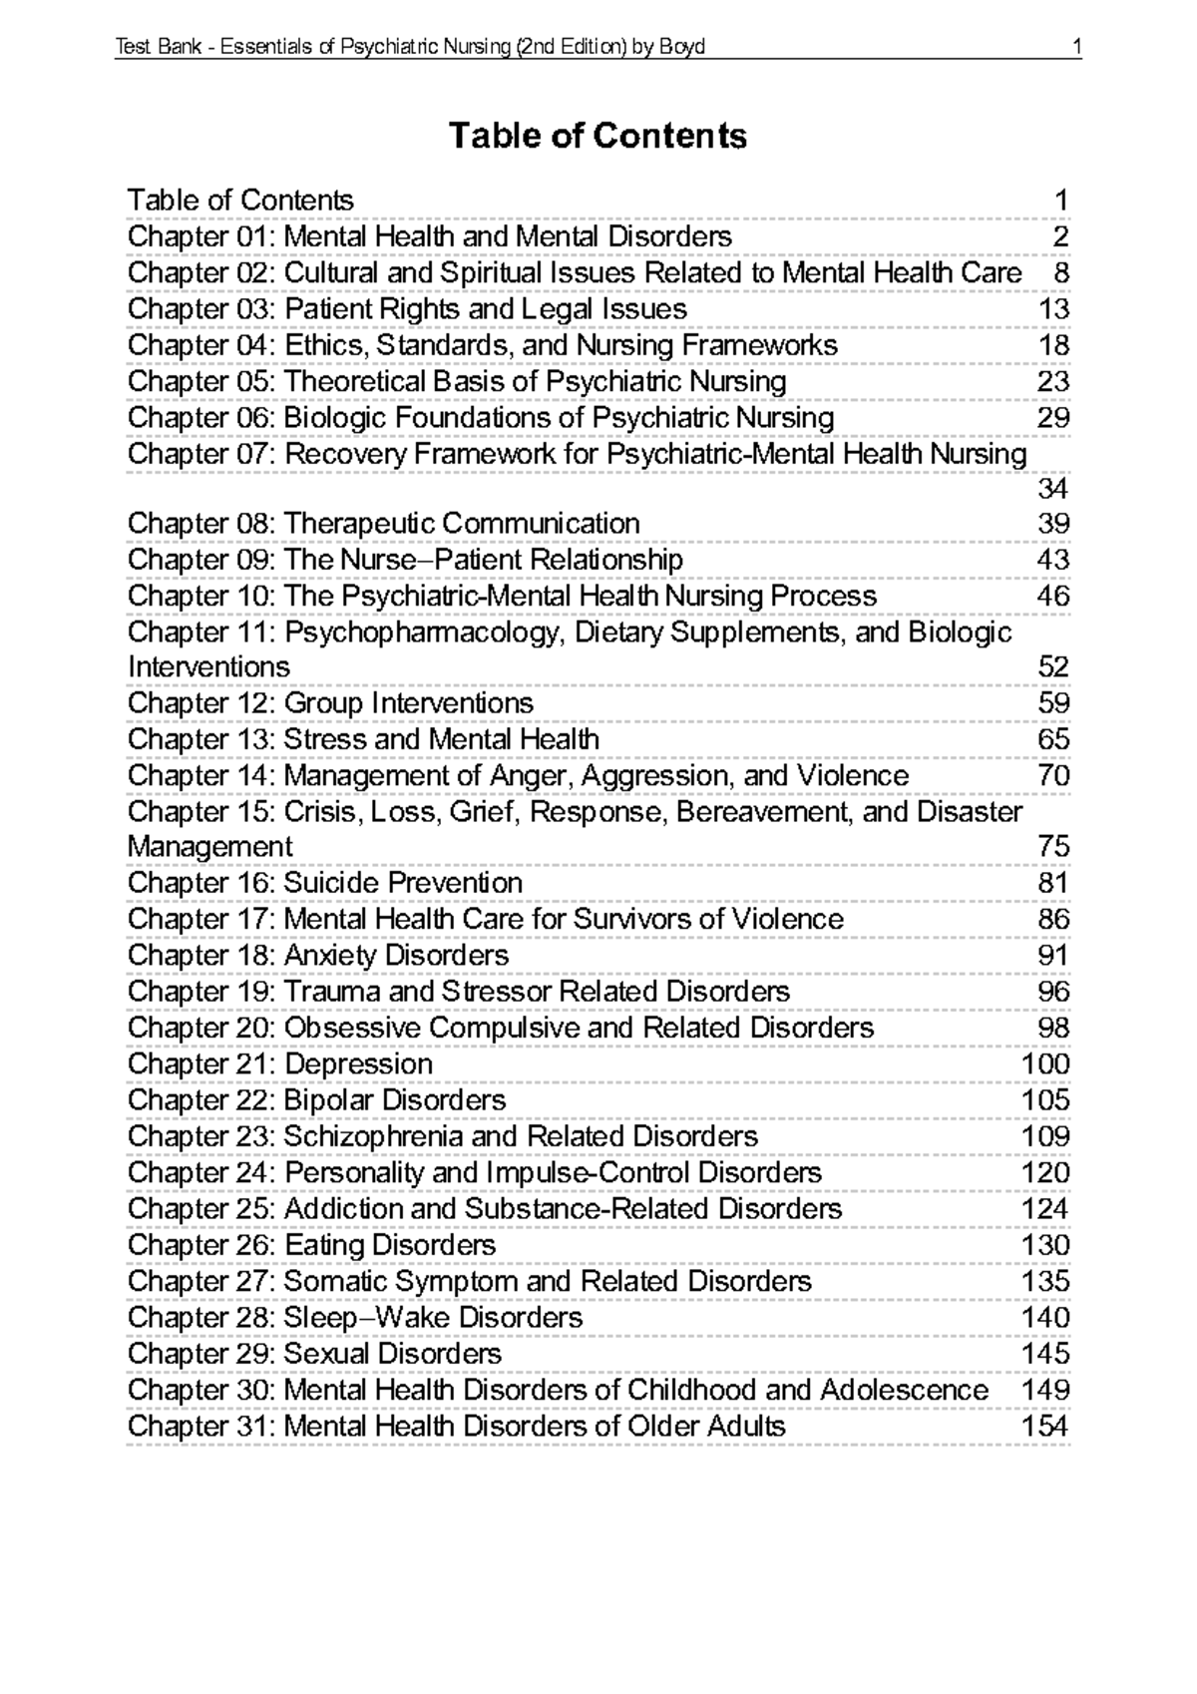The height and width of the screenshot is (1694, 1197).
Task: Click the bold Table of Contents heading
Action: tap(598, 136)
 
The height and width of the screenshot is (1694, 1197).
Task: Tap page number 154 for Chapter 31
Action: tap(1044, 1426)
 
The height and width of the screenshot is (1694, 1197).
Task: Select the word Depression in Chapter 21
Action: tap(358, 1063)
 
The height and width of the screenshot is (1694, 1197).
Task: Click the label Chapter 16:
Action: tap(201, 883)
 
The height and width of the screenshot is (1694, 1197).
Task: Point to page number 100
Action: tap(1044, 1063)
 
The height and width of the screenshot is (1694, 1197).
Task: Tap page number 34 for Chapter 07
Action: tap(1053, 489)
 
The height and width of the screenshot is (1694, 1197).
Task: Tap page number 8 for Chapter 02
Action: tap(1061, 272)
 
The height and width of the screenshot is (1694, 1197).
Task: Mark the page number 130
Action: tap(1044, 1245)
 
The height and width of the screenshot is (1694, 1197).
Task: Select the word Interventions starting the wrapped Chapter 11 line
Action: tap(208, 666)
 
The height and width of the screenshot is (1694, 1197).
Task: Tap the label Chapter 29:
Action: tap(201, 1354)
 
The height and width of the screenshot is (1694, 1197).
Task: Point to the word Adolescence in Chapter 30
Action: tap(904, 1390)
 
